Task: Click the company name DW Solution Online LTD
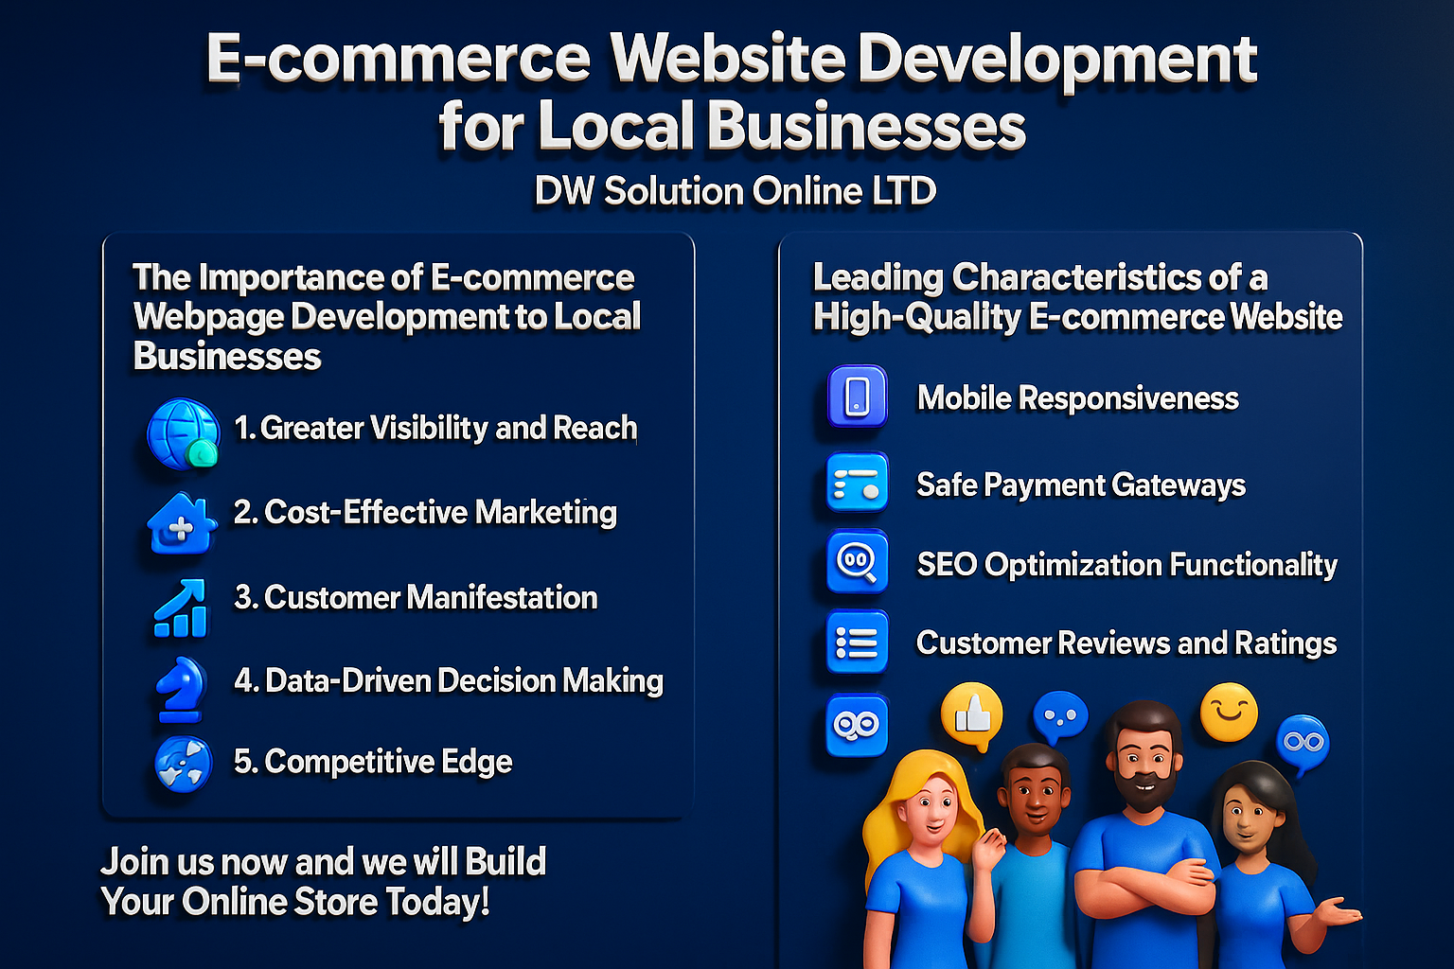coord(736,191)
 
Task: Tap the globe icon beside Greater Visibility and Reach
coord(183,433)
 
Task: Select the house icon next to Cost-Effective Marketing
coord(181,522)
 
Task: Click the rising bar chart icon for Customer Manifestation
coord(181,608)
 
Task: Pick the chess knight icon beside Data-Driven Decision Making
coord(182,688)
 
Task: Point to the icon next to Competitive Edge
coord(183,763)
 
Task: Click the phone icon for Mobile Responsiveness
coord(858,396)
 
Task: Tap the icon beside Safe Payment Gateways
coord(858,483)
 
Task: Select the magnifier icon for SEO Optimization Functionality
coord(858,562)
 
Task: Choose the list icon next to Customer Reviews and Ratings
coord(858,643)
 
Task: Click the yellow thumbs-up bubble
coord(972,714)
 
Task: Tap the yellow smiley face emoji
coord(1229,712)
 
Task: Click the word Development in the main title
coord(1056,59)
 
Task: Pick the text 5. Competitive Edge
coord(373,762)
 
